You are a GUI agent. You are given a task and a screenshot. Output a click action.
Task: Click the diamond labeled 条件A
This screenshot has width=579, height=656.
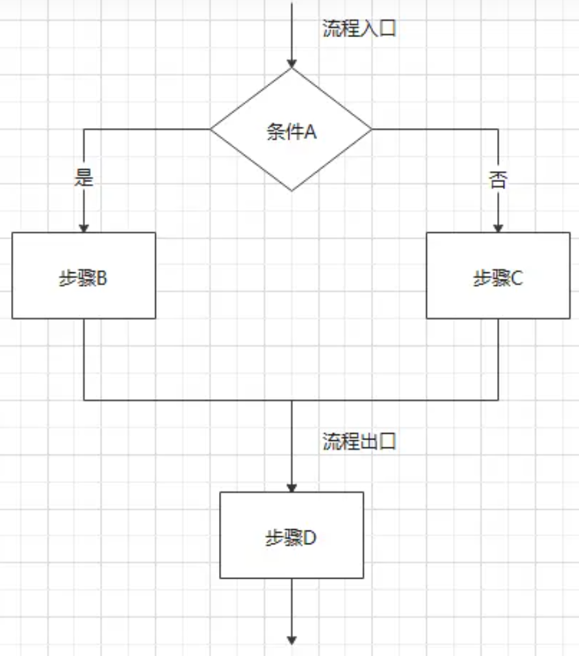pos(291,130)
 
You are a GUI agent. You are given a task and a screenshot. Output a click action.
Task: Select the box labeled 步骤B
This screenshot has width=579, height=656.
pos(84,276)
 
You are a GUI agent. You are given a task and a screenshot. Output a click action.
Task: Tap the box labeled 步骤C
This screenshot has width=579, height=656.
pos(498,276)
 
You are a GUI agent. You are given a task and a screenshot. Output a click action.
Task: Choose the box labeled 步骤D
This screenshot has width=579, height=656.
pos(291,535)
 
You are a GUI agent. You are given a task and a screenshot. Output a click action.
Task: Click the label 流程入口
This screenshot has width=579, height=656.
pos(359,29)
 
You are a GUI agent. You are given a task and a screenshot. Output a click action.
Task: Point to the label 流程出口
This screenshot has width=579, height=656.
pos(359,443)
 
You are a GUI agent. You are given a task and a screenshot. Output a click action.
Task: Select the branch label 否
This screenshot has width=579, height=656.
pos(498,179)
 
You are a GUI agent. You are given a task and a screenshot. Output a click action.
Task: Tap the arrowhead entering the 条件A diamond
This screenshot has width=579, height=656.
pos(292,63)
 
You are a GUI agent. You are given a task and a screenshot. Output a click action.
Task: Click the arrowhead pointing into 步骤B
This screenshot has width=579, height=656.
pos(84,228)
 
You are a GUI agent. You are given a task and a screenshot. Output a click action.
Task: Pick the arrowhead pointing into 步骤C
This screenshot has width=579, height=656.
pos(498,228)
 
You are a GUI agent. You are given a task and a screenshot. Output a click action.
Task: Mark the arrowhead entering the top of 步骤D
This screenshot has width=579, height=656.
pos(292,487)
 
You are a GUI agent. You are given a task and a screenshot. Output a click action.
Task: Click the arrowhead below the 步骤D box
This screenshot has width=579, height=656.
pos(292,640)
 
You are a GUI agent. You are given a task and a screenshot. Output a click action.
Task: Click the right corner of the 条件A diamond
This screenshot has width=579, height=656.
pos(370,129)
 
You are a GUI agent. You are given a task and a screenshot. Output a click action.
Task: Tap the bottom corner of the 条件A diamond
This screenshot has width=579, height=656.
pos(291,190)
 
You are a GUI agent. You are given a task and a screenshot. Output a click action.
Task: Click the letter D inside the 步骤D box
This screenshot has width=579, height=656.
pos(309,538)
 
